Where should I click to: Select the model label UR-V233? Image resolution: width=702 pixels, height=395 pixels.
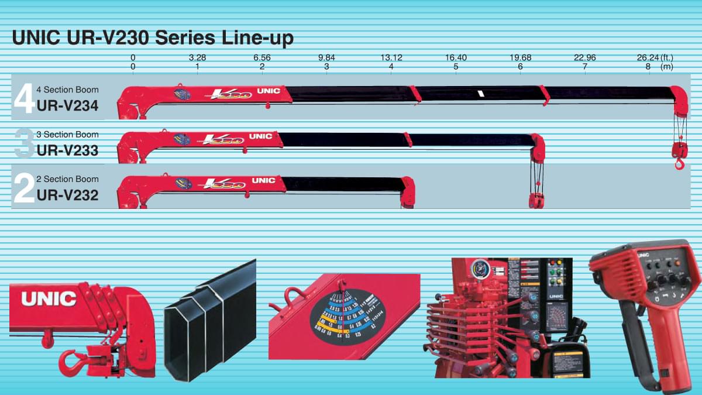(x=67, y=150)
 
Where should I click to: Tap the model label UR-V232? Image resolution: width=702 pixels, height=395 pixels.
(x=67, y=194)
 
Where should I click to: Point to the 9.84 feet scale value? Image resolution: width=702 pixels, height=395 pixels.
(x=326, y=57)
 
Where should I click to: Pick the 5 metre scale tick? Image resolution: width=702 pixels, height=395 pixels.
(x=456, y=67)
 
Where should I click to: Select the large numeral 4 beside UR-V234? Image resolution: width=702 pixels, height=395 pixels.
(x=23, y=99)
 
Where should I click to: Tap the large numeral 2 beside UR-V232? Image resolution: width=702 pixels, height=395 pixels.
(x=23, y=188)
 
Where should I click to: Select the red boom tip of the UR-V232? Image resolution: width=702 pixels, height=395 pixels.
(x=408, y=192)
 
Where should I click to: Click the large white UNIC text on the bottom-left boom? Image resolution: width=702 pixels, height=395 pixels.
(x=49, y=298)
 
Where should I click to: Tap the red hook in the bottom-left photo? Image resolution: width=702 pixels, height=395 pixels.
(x=72, y=363)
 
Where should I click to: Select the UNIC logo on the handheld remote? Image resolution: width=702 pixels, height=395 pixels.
(x=643, y=255)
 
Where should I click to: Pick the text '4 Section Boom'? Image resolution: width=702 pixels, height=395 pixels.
(x=67, y=90)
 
